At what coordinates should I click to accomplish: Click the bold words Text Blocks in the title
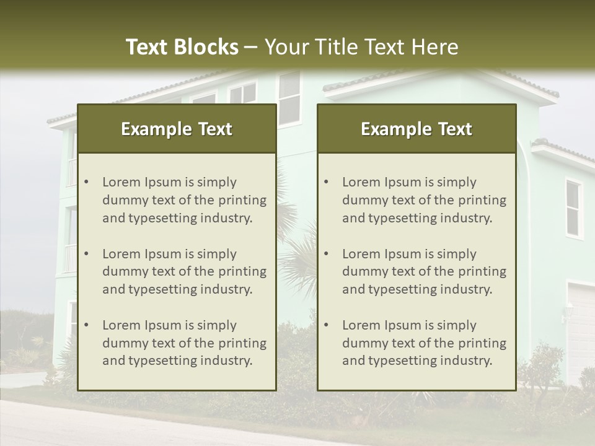(x=182, y=47)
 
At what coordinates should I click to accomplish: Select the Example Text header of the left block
(x=177, y=129)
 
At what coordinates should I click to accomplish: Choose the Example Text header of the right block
(x=416, y=129)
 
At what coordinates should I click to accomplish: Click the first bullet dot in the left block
(x=87, y=182)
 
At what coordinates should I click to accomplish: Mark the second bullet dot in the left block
(x=87, y=254)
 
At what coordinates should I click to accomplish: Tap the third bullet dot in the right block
(x=327, y=325)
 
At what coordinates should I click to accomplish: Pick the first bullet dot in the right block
(x=327, y=182)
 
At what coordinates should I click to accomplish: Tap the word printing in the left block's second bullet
(x=243, y=271)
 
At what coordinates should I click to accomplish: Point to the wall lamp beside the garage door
(x=566, y=310)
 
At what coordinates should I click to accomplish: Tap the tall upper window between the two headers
(x=289, y=98)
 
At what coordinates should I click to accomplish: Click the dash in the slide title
(x=251, y=47)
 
